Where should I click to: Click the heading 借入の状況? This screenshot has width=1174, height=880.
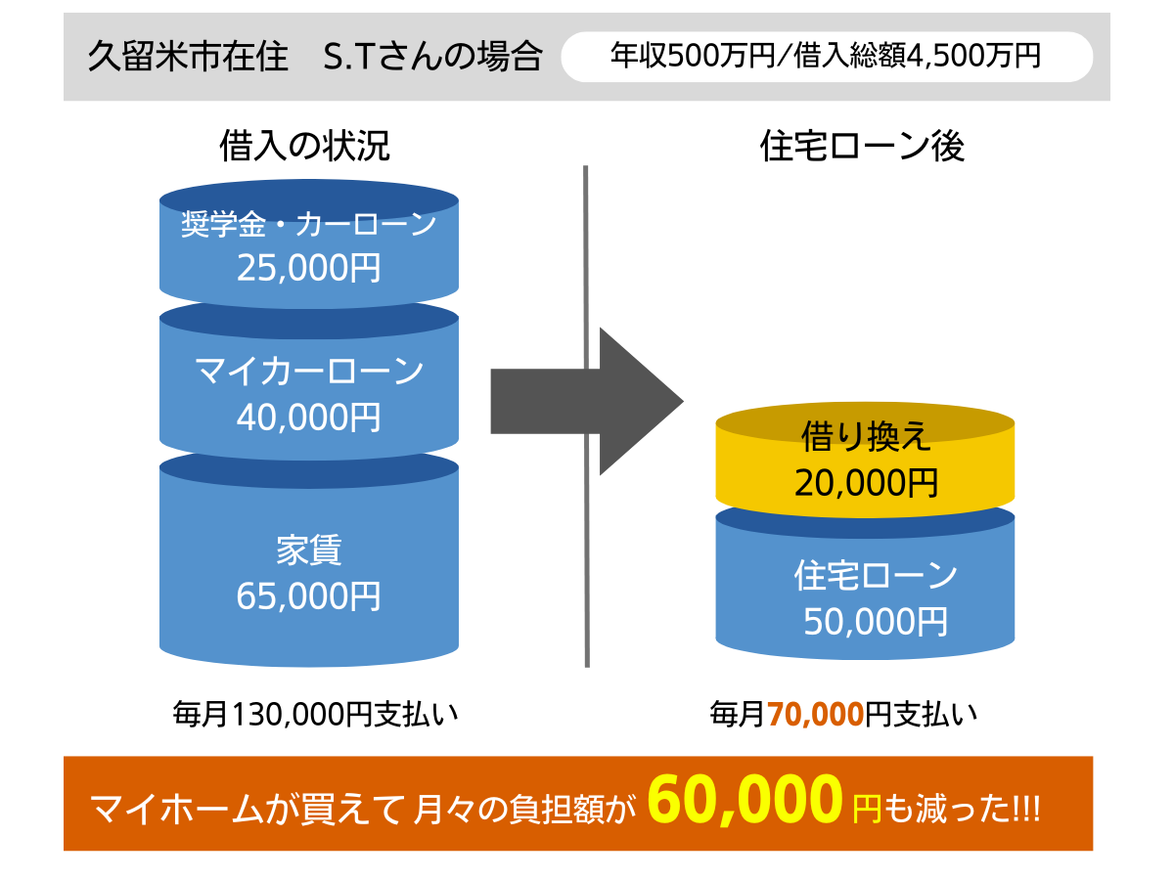(x=304, y=146)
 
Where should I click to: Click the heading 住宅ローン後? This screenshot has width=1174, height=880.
(x=862, y=146)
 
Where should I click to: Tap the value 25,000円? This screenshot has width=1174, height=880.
(x=308, y=267)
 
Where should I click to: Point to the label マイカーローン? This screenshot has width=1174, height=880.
(x=308, y=371)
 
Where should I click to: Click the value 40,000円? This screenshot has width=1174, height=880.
(x=308, y=417)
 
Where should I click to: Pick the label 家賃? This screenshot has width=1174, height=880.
(x=308, y=550)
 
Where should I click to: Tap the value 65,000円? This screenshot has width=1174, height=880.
(x=308, y=595)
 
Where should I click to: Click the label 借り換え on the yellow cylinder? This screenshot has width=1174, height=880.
(x=866, y=436)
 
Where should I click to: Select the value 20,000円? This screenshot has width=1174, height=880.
(x=866, y=482)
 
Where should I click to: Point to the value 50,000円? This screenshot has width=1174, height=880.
(x=876, y=622)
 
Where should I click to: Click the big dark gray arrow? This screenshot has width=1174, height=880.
(x=587, y=401)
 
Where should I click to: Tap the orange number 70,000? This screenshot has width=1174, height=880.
(x=816, y=715)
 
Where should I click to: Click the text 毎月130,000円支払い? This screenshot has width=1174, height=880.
(x=316, y=715)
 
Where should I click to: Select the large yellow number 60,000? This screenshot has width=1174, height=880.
(x=745, y=800)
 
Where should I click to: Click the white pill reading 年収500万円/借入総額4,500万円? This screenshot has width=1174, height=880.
(x=827, y=57)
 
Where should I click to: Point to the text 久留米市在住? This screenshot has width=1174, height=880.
(x=188, y=56)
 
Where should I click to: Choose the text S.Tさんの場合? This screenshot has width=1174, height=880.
(x=433, y=56)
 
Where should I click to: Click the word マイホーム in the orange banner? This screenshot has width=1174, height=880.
(x=178, y=809)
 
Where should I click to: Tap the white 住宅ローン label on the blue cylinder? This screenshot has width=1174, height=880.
(x=876, y=575)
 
